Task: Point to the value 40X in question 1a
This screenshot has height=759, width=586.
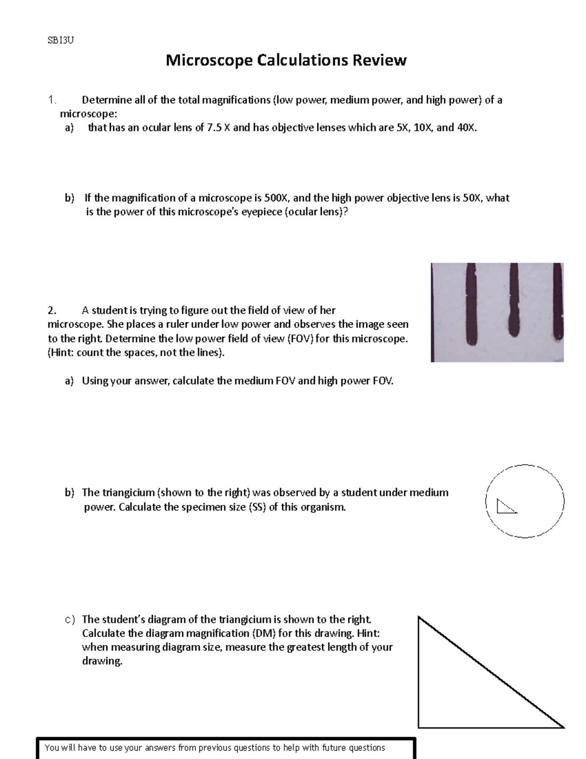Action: [x=465, y=128]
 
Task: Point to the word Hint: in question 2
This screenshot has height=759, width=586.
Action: [x=62, y=352]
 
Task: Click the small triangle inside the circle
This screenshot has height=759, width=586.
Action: [x=504, y=507]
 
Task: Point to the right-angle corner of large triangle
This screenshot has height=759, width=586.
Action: [x=419, y=727]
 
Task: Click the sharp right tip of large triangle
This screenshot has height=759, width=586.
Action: [x=563, y=726]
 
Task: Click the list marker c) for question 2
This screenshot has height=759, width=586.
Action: [x=70, y=620]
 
